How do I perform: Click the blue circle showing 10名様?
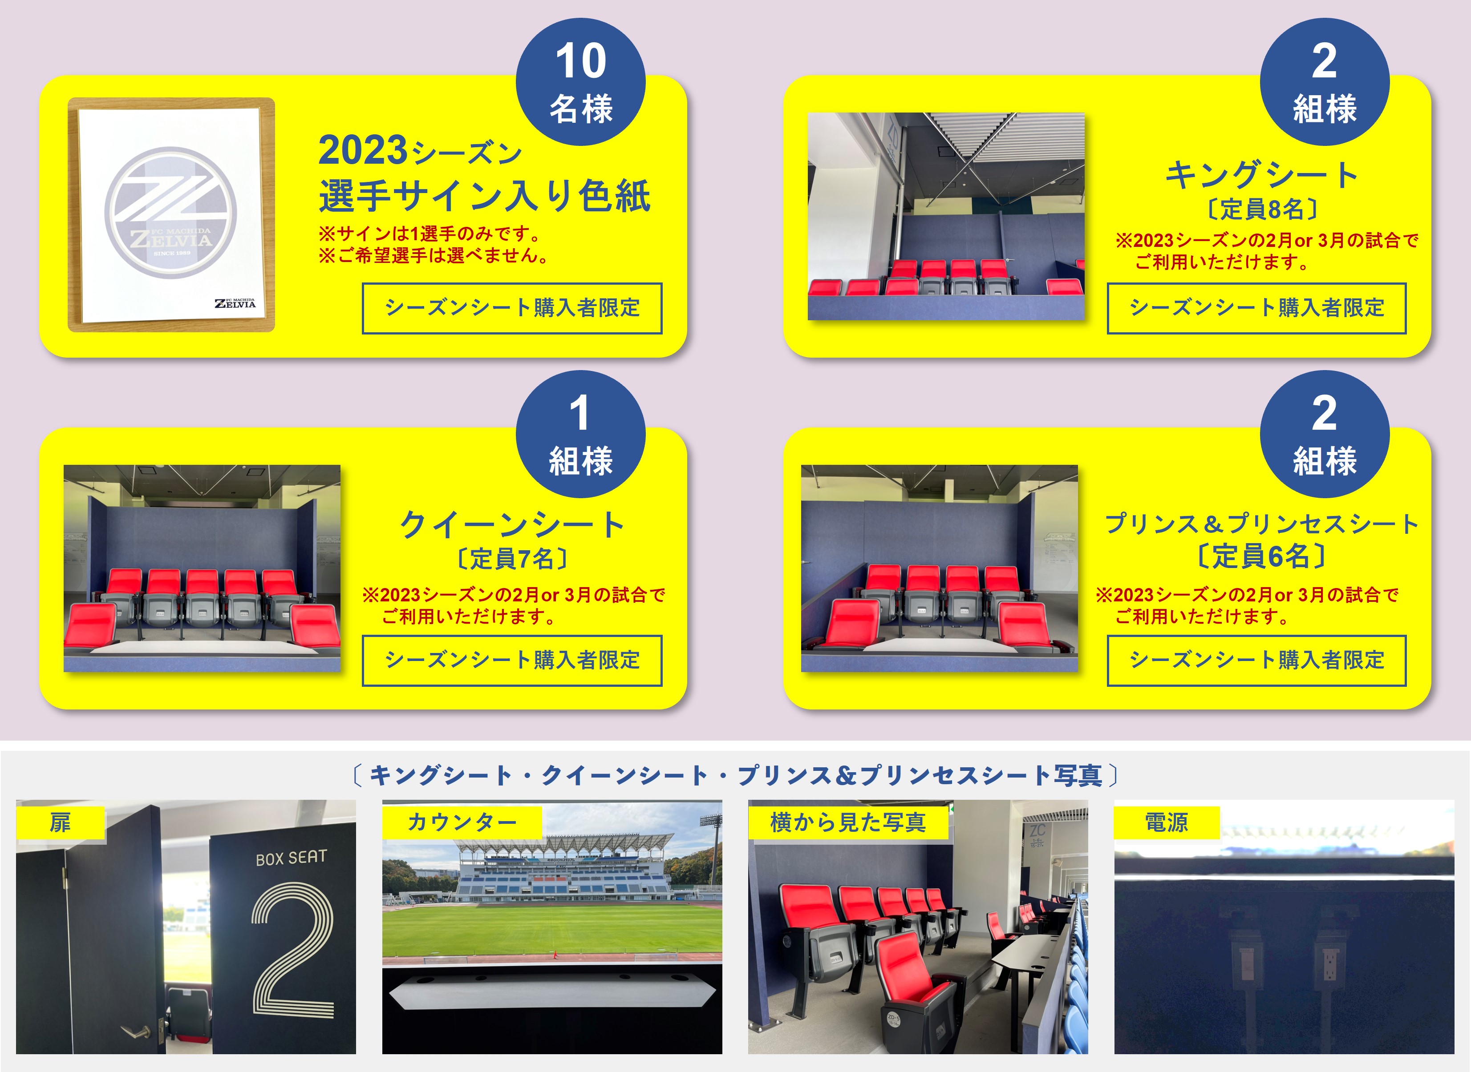tap(580, 82)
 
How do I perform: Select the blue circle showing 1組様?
tap(580, 434)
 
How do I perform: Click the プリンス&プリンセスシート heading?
tap(1261, 524)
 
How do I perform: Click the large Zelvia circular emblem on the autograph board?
tap(171, 213)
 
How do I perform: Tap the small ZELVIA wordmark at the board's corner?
tap(235, 303)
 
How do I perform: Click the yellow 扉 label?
tap(61, 823)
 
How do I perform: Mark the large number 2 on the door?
tap(293, 950)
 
